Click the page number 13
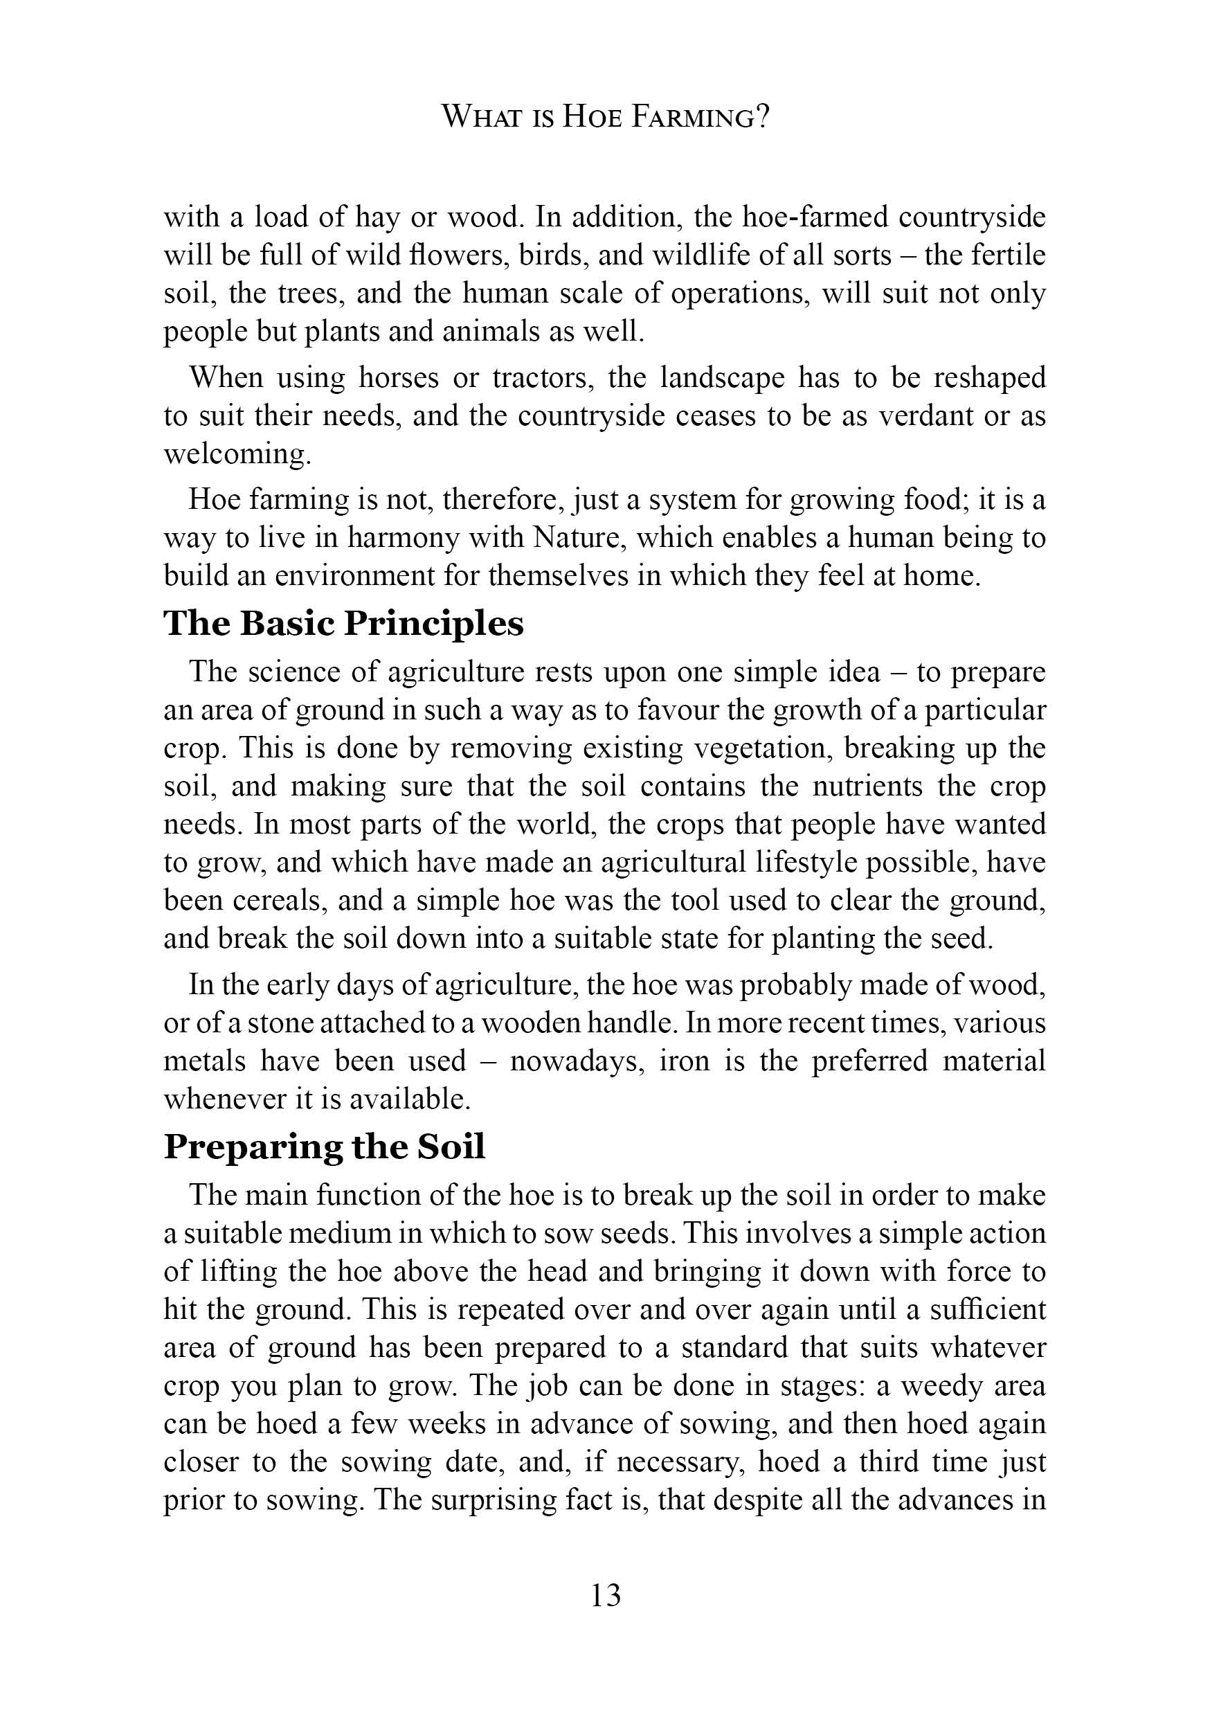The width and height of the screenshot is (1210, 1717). coord(605,1597)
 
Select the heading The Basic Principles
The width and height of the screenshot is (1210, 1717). coord(343,624)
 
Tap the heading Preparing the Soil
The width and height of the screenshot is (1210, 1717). coord(325,1147)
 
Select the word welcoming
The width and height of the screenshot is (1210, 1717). coord(235,454)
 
